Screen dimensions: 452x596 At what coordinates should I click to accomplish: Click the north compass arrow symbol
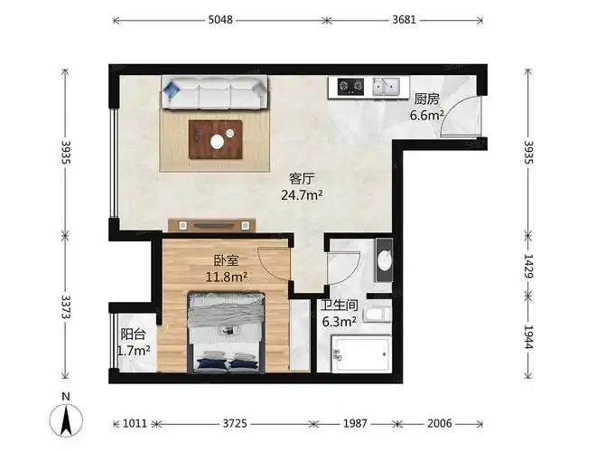(x=66, y=419)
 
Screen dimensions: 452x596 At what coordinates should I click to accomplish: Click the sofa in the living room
(x=215, y=93)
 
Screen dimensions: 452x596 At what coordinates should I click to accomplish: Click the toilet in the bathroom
(x=380, y=315)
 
